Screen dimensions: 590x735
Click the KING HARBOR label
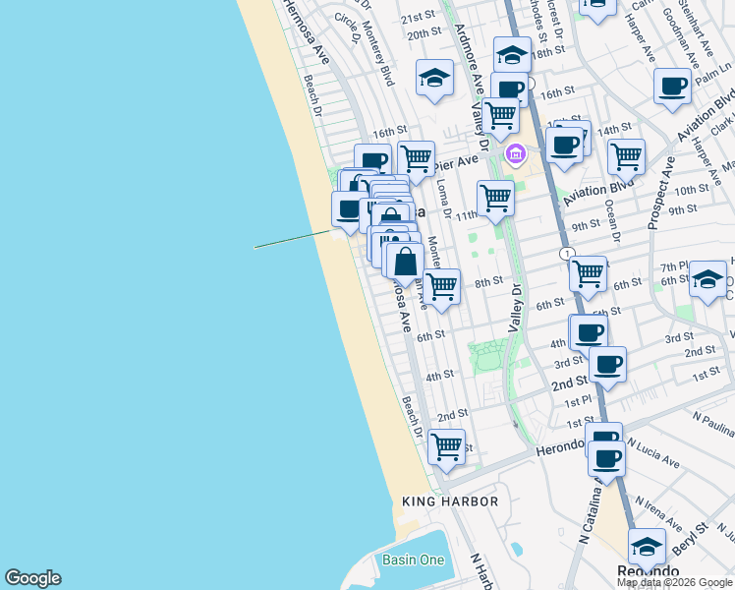[x=450, y=501]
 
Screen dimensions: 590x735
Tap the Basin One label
[x=414, y=560]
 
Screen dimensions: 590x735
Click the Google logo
[x=32, y=579]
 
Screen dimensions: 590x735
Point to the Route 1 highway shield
[x=567, y=254]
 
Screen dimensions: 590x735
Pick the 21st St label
[x=418, y=17]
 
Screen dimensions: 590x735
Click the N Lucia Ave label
[x=652, y=455]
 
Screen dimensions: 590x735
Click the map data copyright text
[x=674, y=582]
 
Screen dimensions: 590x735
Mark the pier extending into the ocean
[x=293, y=239]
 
